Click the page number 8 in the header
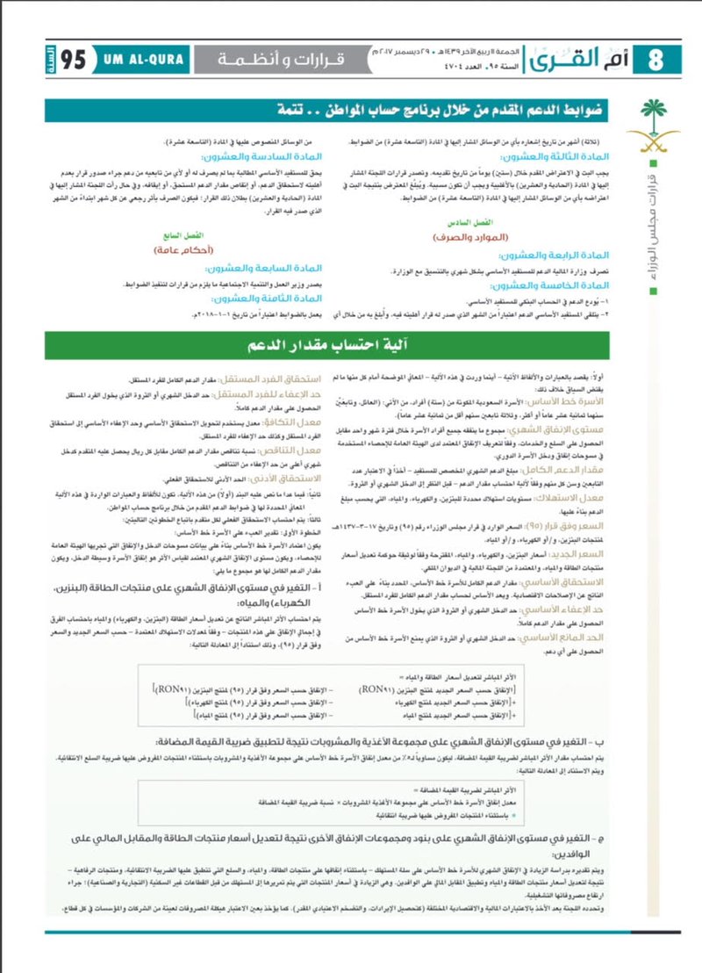[x=654, y=61]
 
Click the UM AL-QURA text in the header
[x=148, y=60]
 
